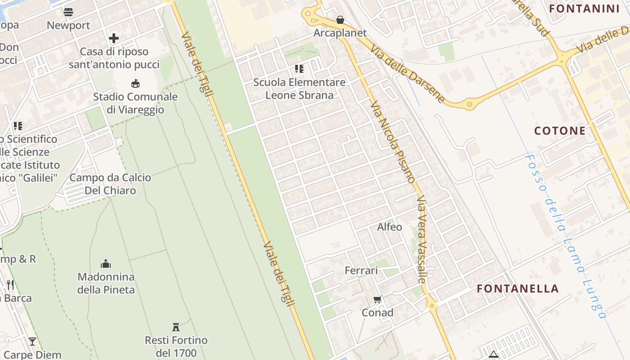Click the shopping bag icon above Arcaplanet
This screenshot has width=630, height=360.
coord(340,20)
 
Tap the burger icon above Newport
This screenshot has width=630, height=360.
coord(68,12)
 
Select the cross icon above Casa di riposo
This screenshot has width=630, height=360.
coord(114,38)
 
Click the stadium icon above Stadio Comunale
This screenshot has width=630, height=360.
coord(135,83)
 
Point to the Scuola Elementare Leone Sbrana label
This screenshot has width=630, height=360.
coord(299,89)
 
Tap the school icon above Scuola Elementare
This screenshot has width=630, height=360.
coord(299,69)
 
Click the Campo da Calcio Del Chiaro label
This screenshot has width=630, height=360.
coord(110,184)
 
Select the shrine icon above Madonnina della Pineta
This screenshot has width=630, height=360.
coord(106,263)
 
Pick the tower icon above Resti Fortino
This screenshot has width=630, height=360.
coord(176,327)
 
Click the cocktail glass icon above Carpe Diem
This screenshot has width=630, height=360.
coord(32,342)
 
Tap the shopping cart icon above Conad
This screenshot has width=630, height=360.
coord(378,299)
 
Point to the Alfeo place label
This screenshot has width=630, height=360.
coord(390,227)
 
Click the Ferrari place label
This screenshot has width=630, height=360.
coord(361,270)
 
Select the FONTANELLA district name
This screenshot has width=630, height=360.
coord(518,288)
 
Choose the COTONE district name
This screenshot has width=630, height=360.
coord(560,131)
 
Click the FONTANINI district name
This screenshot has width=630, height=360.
coord(585,9)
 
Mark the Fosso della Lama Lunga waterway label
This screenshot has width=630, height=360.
coord(565,236)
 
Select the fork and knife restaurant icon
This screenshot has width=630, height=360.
coord(10,284)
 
